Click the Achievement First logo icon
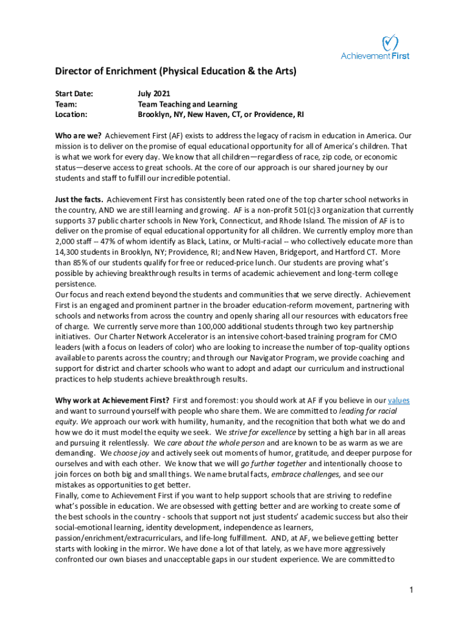[x=390, y=43]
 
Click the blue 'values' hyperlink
[x=398, y=400]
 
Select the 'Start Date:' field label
[x=74, y=93]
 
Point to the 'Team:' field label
[x=66, y=104]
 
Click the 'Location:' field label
[x=71, y=114]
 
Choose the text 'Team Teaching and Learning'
[x=187, y=104]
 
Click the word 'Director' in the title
[x=74, y=72]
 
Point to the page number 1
[x=412, y=590]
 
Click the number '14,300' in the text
[x=68, y=241]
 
